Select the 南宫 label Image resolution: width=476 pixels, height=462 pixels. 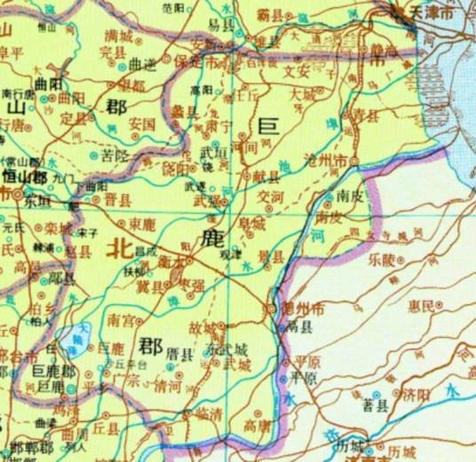121,318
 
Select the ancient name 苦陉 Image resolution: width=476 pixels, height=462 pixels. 115,155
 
